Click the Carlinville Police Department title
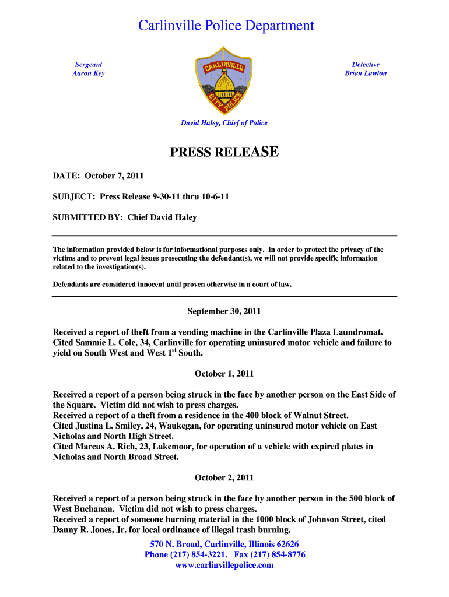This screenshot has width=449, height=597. point(226,26)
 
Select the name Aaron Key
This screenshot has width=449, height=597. point(89,73)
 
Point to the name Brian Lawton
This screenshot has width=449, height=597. point(366,73)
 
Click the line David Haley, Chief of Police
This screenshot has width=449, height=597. point(224,123)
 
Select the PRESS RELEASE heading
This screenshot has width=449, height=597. point(224,153)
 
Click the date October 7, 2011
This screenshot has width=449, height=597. point(114,175)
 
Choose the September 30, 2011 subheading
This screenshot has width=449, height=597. point(224,311)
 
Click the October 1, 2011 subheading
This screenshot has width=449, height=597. point(224,373)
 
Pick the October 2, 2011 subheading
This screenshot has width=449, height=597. point(224,477)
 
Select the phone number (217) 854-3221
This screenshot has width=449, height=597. point(198,554)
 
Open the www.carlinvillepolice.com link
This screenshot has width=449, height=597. point(224,565)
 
